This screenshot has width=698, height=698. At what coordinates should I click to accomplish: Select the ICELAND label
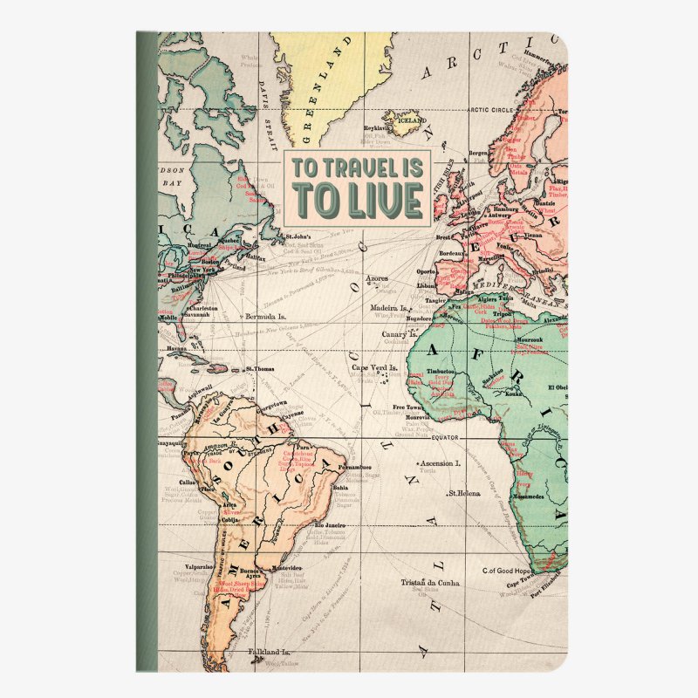point(407,120)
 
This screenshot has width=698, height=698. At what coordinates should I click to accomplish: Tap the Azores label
point(377,279)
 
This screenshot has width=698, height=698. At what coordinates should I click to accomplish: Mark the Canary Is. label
point(400,334)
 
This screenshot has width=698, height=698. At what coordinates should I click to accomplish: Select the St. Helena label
point(465,494)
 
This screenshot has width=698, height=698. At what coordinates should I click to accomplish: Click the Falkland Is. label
point(268,652)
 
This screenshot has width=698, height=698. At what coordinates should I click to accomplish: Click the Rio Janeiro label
point(331,525)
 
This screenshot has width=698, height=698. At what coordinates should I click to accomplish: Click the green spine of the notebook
point(147,349)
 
